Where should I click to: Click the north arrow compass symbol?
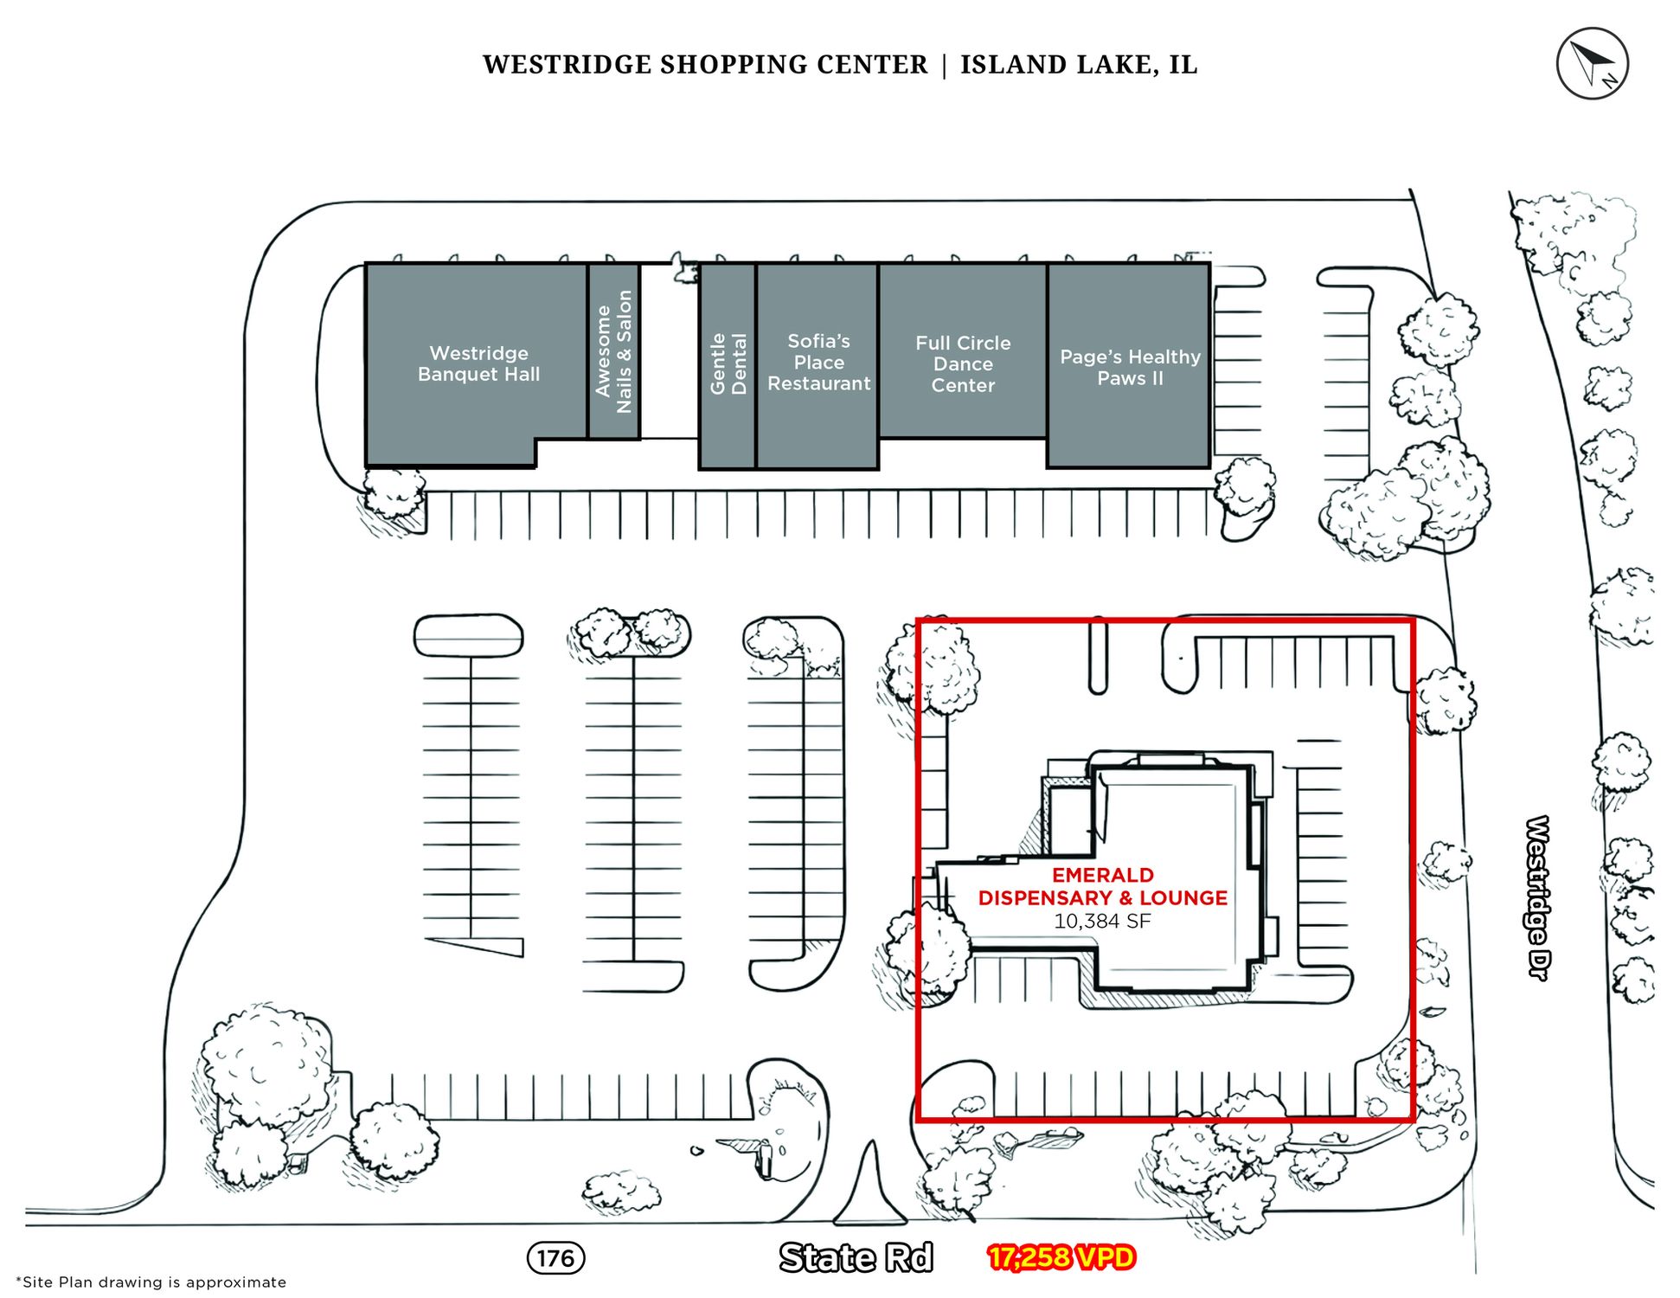click(x=1592, y=63)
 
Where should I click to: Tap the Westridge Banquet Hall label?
click(x=478, y=363)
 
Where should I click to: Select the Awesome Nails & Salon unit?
click(x=614, y=351)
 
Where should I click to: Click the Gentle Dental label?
click(x=728, y=364)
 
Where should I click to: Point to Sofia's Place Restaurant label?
click(x=818, y=363)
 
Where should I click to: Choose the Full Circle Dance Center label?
click(x=963, y=364)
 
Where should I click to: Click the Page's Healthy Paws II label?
click(x=1130, y=368)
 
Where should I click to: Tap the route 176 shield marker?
click(x=555, y=1257)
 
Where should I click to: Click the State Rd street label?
click(x=856, y=1257)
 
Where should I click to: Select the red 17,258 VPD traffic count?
click(x=1061, y=1257)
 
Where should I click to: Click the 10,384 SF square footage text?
click(x=1102, y=922)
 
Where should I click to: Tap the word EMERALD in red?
click(x=1102, y=875)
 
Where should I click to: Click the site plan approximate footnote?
click(x=151, y=1282)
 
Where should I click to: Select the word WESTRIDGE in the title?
click(x=567, y=65)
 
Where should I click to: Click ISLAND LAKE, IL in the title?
click(x=1079, y=65)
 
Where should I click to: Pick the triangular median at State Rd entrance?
click(x=869, y=1190)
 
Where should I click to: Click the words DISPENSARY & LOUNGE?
click(x=1102, y=898)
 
